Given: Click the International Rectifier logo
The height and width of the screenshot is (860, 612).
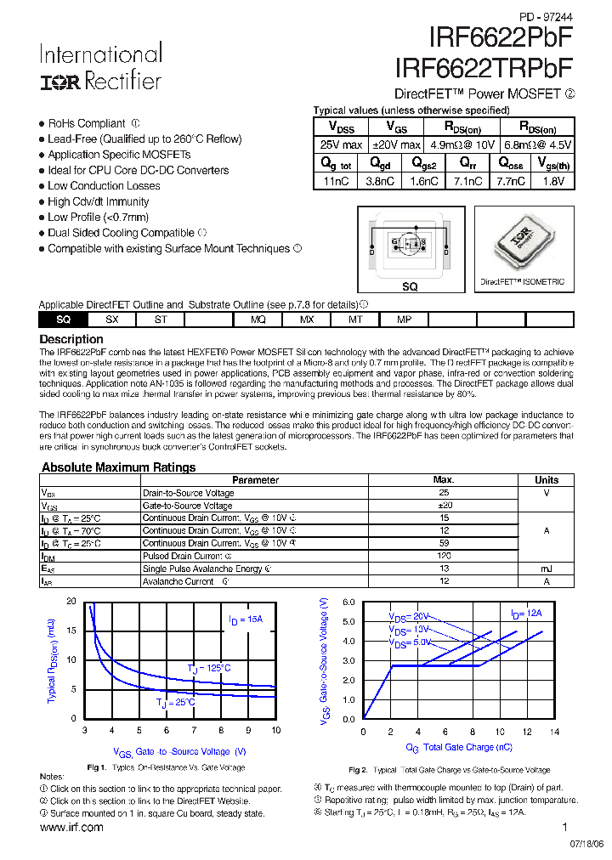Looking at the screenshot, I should [x=100, y=67].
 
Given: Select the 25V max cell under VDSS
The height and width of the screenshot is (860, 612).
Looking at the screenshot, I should [x=340, y=145].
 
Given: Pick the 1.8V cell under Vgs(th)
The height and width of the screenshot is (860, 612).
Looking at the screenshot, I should [x=552, y=181].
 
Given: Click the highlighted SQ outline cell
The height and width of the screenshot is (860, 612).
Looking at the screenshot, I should [x=63, y=320].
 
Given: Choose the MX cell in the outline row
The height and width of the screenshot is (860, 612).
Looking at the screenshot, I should [x=307, y=320].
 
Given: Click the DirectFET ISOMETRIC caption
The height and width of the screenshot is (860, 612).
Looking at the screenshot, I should [x=522, y=282].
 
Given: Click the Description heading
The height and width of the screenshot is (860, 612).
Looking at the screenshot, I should [x=71, y=339].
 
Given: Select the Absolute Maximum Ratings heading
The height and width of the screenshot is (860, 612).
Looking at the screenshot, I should [x=118, y=467].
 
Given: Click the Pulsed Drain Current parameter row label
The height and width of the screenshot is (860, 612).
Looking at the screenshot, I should [x=183, y=557].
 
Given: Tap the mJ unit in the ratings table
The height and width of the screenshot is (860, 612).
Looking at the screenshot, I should [x=546, y=569].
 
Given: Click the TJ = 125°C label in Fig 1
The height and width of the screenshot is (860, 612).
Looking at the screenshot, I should [x=209, y=668].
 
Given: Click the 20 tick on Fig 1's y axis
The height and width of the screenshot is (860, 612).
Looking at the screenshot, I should [x=71, y=602].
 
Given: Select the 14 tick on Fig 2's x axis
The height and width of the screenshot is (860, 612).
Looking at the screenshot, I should [x=554, y=732].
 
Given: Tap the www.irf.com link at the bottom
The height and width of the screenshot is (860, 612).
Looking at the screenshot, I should [x=71, y=828].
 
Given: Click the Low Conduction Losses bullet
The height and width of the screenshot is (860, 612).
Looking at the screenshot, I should [x=104, y=186].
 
